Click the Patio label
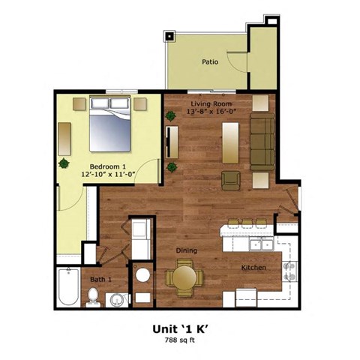[x=210, y=62]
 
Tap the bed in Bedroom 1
[x=110, y=127]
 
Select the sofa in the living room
[x=262, y=142]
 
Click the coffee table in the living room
[x=230, y=140]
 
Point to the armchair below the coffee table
[x=231, y=180]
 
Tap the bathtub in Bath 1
[x=68, y=287]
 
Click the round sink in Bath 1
[x=116, y=301]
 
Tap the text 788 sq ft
[x=179, y=340]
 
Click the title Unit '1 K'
[x=179, y=328]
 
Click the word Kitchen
[x=251, y=268]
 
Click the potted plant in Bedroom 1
[x=64, y=163]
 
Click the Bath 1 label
[x=100, y=279]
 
